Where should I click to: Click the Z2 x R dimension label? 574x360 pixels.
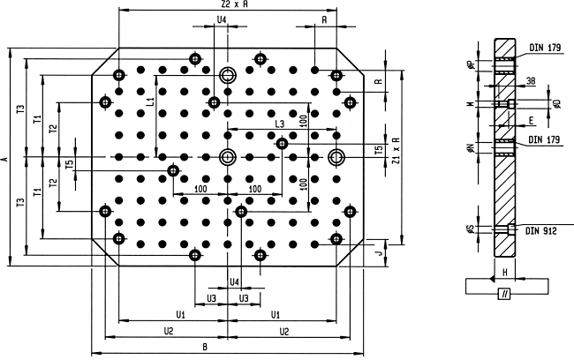click(x=235, y=4)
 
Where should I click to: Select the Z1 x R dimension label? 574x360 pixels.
click(x=396, y=151)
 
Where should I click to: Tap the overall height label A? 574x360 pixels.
click(x=4, y=159)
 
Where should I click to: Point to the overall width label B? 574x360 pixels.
click(x=205, y=347)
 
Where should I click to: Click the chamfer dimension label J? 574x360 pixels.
click(x=380, y=253)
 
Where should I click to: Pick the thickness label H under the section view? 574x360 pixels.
click(x=505, y=272)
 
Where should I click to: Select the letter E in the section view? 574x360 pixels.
click(x=531, y=120)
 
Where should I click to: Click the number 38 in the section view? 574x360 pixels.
click(x=531, y=81)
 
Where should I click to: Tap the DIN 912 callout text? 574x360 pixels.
click(x=541, y=231)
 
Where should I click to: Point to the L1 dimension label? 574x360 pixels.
click(x=151, y=101)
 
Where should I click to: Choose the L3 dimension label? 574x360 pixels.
click(x=279, y=124)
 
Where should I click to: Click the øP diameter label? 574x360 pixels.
click(x=472, y=64)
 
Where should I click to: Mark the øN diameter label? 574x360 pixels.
click(x=472, y=148)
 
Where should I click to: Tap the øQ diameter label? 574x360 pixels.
click(x=557, y=104)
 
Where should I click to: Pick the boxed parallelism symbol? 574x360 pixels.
click(x=504, y=294)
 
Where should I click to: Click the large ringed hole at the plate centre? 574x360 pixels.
click(x=228, y=157)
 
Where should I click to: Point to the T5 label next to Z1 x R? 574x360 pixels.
click(x=380, y=149)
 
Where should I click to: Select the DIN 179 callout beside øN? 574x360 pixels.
click(x=544, y=139)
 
